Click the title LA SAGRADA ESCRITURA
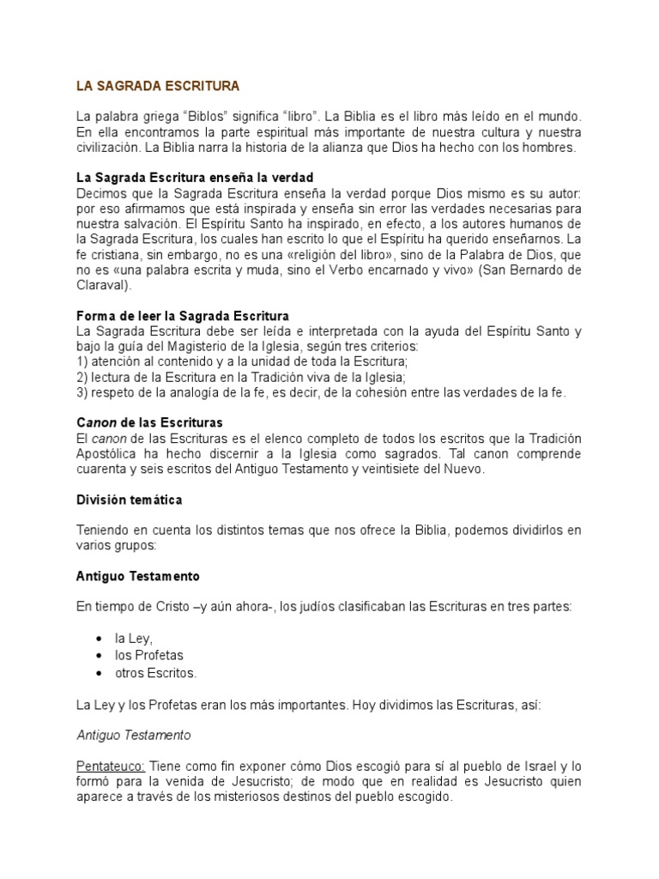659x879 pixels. (x=157, y=87)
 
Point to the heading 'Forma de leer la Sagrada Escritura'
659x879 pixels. (x=182, y=316)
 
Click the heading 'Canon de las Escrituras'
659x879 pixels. (x=149, y=423)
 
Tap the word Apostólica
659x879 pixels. (x=107, y=453)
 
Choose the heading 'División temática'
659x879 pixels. (x=129, y=500)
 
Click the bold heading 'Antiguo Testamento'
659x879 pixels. (x=138, y=576)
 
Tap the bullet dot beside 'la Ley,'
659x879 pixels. (x=102, y=640)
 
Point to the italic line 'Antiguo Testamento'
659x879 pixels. (x=133, y=736)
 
